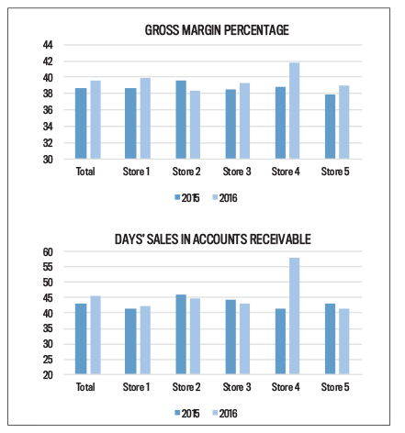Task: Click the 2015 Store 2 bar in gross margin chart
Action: (x=181, y=120)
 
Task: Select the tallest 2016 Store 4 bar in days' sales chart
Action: (x=294, y=316)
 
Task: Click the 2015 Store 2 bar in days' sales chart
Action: (x=181, y=335)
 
